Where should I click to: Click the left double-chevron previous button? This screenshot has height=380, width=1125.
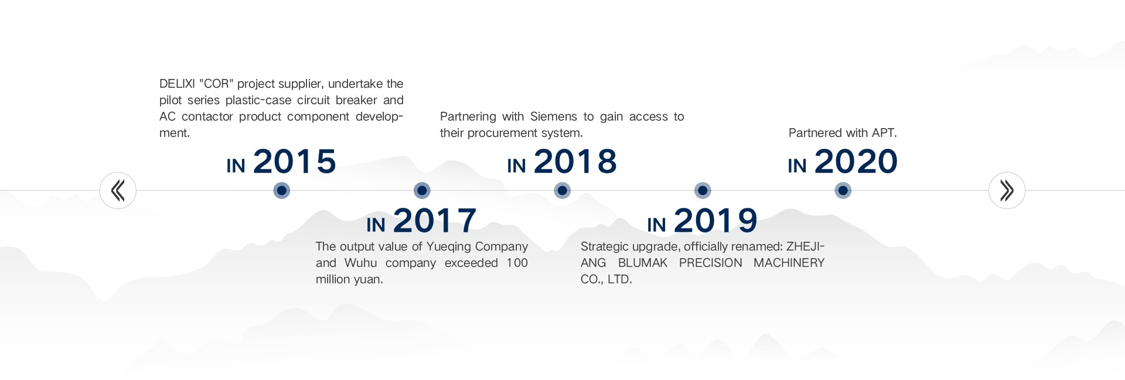click(118, 190)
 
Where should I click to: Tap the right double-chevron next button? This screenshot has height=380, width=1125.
click(1007, 190)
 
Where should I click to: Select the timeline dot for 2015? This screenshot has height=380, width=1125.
click(282, 190)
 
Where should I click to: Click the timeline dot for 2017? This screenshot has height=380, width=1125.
click(422, 190)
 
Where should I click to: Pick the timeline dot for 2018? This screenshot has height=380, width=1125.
click(562, 190)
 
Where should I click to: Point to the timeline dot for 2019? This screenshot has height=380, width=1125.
click(703, 190)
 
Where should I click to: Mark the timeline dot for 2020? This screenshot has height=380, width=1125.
click(843, 190)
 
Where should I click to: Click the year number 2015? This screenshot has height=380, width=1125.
click(295, 162)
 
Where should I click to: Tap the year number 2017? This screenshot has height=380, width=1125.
click(435, 221)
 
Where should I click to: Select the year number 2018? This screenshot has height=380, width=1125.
click(575, 162)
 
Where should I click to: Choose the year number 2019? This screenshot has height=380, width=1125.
click(715, 221)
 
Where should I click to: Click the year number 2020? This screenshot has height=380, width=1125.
click(856, 162)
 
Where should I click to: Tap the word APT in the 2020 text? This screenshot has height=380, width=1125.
click(883, 133)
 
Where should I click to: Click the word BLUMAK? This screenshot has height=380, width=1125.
click(643, 263)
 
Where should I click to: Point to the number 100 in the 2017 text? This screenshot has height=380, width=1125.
click(517, 263)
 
